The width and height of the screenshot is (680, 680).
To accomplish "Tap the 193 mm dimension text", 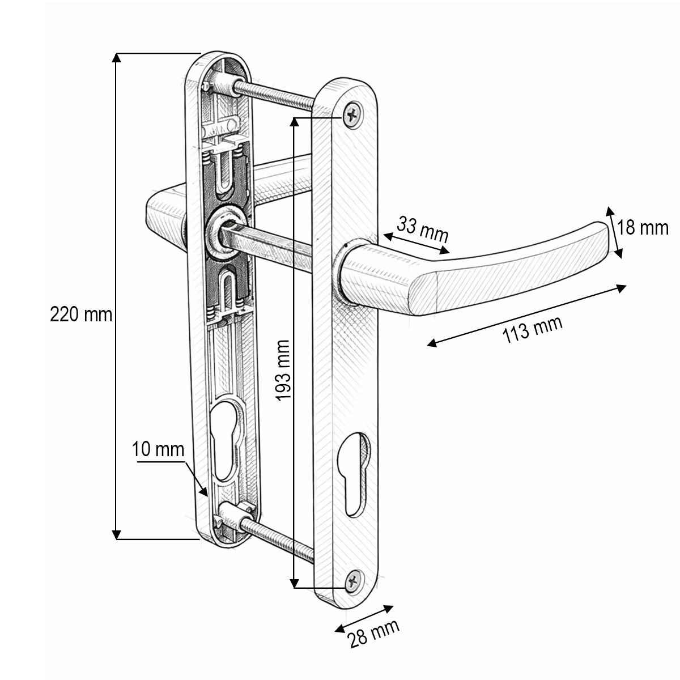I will pos(283,371).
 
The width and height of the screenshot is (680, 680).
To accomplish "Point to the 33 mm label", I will pos(423,229).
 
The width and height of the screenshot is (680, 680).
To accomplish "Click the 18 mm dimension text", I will pos(643,228).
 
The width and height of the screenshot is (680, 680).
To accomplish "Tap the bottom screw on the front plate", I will pos(354,580).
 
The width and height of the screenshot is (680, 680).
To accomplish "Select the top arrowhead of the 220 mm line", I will pos(117,57).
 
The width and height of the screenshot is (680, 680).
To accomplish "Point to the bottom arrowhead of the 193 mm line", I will pos(294,584).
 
